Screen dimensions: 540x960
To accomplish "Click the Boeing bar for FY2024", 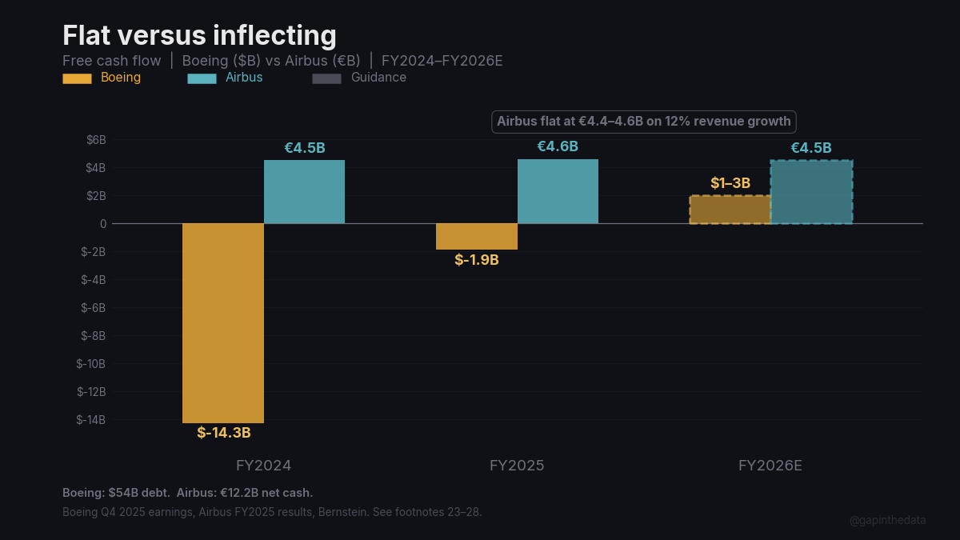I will [x=223, y=322].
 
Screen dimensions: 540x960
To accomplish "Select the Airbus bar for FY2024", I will [x=304, y=192].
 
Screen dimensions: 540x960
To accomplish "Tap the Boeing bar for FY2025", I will [x=477, y=236].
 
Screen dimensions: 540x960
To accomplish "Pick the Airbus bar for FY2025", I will [x=558, y=191].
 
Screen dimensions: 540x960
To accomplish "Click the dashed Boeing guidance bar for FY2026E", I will [x=730, y=210].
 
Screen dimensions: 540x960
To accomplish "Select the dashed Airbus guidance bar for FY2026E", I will [x=811, y=192].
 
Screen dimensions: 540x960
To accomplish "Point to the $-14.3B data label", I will [x=224, y=433].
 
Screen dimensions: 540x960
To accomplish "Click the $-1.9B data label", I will [x=477, y=260].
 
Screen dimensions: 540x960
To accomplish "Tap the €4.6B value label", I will [x=558, y=146].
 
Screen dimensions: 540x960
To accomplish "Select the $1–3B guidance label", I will [x=730, y=183].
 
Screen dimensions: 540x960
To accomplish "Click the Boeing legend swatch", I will [x=77, y=78].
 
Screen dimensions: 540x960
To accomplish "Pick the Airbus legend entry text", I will [x=244, y=78].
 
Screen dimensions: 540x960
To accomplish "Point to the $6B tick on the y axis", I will [x=96, y=140].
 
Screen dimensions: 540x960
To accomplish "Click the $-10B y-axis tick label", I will [x=91, y=364].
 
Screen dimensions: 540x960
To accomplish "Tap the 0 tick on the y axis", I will [x=103, y=224].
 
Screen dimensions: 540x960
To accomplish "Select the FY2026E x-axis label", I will [x=770, y=466].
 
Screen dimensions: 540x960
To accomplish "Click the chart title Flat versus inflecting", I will [x=199, y=35].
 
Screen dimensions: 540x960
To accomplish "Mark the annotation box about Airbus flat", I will [x=643, y=122].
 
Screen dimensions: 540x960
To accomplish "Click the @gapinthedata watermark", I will [x=887, y=520].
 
